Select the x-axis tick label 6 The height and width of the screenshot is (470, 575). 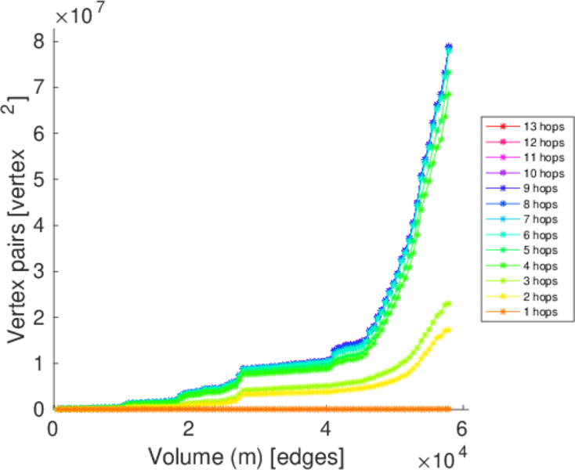coord(463,429)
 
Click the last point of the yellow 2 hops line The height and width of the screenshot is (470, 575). coord(448,330)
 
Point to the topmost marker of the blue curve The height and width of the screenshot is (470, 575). coord(449,47)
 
